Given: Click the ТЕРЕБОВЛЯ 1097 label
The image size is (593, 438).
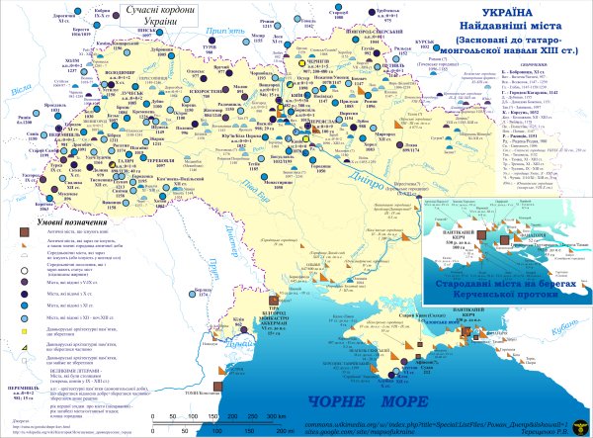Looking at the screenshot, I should point(127,158).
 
